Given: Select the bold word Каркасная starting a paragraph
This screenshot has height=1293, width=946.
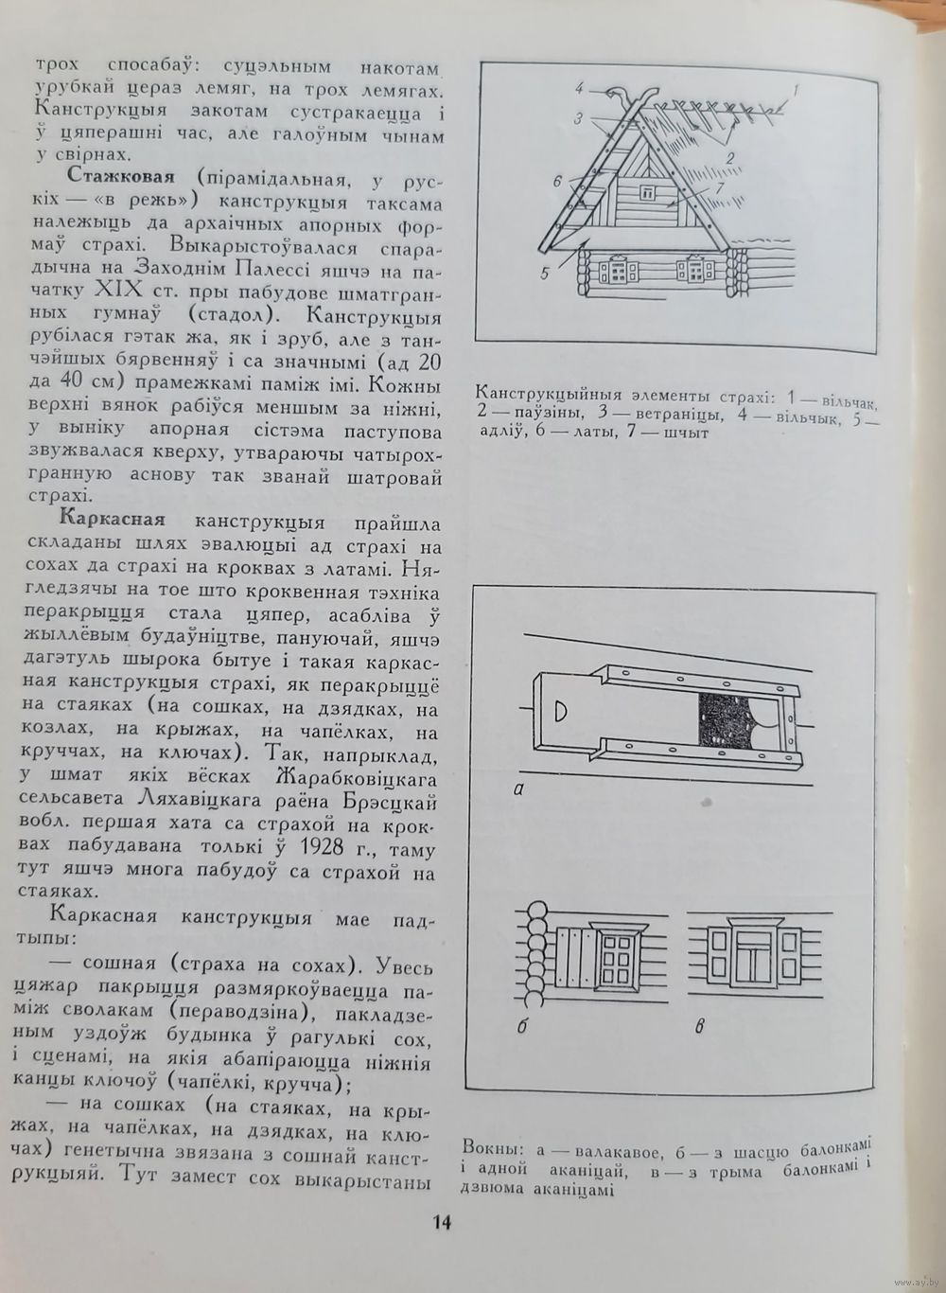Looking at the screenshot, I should tap(113, 520).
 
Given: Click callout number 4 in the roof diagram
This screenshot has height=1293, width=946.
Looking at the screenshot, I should tap(578, 90).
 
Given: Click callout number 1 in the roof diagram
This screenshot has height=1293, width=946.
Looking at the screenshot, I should tap(796, 92).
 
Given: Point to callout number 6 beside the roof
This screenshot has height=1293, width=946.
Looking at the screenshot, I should tap(557, 180).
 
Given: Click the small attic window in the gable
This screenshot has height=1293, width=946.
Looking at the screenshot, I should tap(648, 193).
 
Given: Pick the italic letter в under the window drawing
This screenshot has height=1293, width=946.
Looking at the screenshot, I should tap(700, 1024).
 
